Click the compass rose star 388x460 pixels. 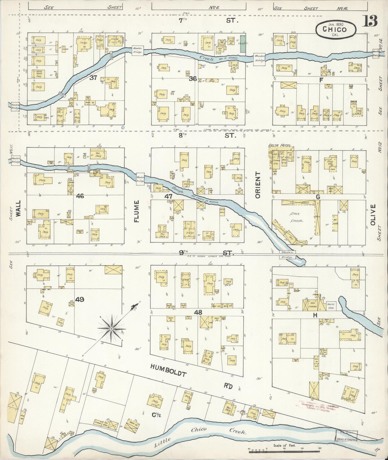pos(111,328)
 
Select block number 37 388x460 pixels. pos(93,78)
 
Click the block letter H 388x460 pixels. pos(315,315)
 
